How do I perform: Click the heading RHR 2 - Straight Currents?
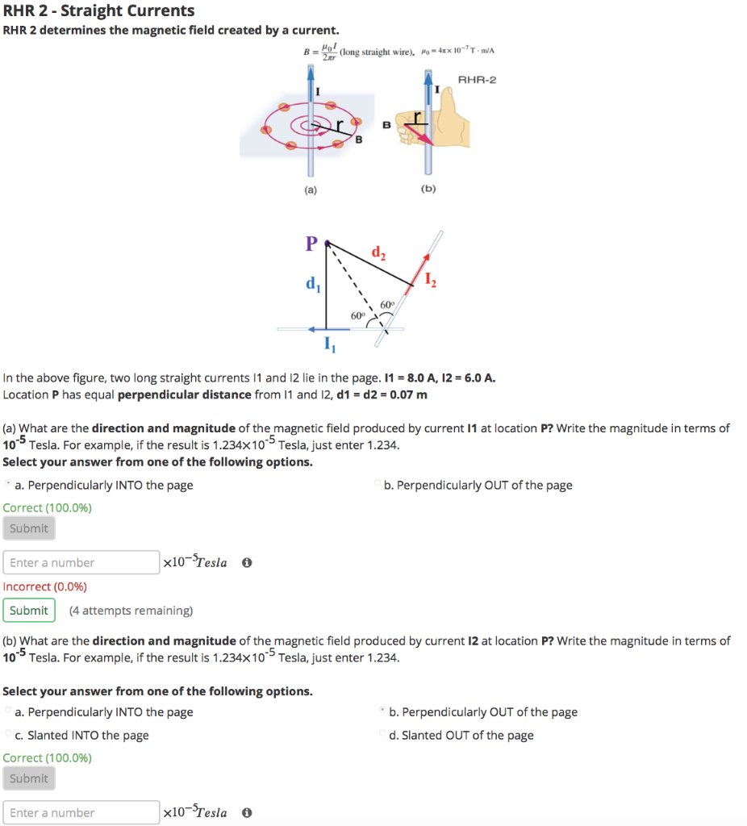[99, 10]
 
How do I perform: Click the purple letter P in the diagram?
[311, 243]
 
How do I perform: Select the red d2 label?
[378, 254]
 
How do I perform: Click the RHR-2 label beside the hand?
[478, 80]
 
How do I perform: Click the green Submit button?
[29, 611]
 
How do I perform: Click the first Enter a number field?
[81, 562]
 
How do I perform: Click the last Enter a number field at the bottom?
[81, 812]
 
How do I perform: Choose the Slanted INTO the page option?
[88, 735]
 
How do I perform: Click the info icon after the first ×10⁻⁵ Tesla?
[247, 563]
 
